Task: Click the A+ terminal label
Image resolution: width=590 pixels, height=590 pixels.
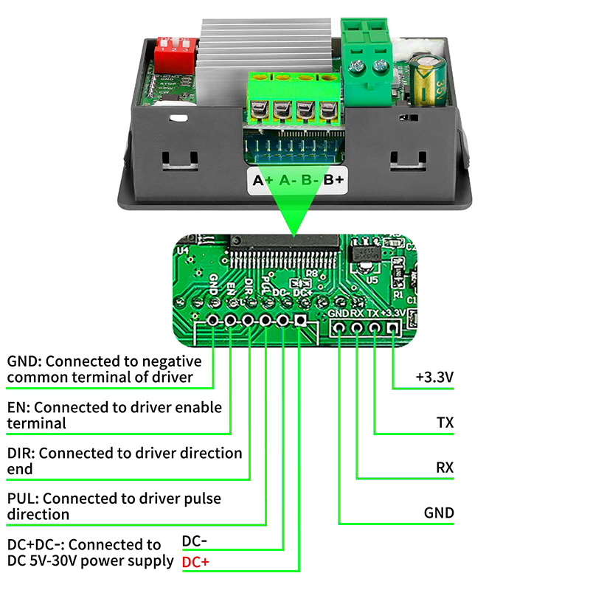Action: [263, 179]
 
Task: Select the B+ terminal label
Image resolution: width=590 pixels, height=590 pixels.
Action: [334, 179]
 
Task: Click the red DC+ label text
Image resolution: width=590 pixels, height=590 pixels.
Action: [195, 563]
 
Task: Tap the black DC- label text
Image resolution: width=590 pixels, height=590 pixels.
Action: [195, 541]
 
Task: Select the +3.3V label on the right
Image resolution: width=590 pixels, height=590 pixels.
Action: [434, 377]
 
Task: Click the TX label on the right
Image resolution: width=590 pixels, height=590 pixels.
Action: [445, 423]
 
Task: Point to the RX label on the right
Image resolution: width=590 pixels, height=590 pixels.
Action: [445, 468]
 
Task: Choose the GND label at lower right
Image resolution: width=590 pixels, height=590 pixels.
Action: [439, 513]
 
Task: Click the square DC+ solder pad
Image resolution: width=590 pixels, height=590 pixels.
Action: [300, 321]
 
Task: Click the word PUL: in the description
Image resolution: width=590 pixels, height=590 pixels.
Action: [23, 499]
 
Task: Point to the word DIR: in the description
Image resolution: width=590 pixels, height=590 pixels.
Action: [22, 453]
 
